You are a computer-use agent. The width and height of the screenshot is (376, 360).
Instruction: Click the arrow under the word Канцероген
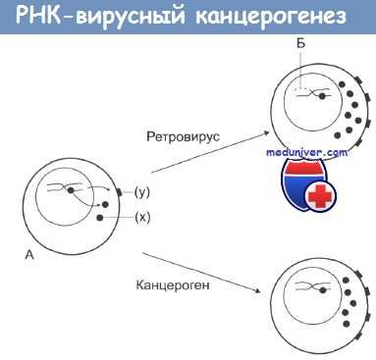[196, 274]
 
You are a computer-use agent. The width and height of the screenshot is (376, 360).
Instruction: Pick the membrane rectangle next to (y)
[118, 192]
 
